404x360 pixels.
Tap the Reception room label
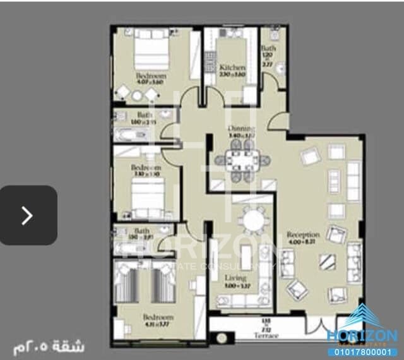[303, 235]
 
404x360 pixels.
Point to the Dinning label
[241, 129]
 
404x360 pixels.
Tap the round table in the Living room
[255, 220]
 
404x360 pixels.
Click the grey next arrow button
[28, 215]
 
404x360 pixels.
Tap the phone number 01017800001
[362, 352]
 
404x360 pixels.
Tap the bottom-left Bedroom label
[157, 317]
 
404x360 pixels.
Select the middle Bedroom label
[146, 168]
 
